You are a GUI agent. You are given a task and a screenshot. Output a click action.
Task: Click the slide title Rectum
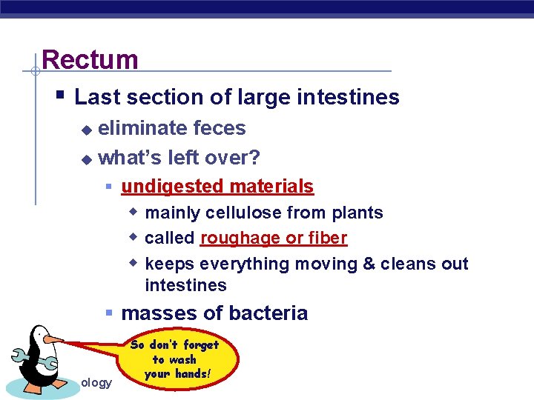click(x=90, y=59)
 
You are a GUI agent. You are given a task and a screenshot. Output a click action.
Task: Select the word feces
click(x=219, y=128)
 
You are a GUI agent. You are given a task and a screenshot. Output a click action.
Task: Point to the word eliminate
click(x=142, y=128)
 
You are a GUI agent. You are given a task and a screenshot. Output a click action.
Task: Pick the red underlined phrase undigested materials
click(x=217, y=187)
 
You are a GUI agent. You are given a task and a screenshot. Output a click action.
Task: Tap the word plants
click(x=357, y=213)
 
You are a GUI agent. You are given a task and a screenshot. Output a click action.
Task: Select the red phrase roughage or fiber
click(x=273, y=239)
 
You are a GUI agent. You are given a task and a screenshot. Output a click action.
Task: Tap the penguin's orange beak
click(x=53, y=340)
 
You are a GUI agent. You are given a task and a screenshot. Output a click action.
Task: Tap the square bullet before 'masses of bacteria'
click(x=109, y=313)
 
